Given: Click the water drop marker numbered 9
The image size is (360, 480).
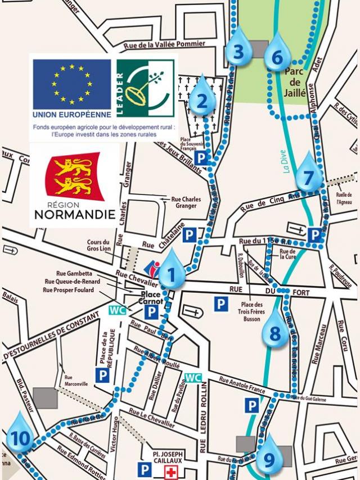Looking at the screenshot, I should [268, 456].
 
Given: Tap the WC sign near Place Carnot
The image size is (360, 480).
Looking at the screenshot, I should [117, 310].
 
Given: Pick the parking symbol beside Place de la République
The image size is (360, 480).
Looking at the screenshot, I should [102, 375].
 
